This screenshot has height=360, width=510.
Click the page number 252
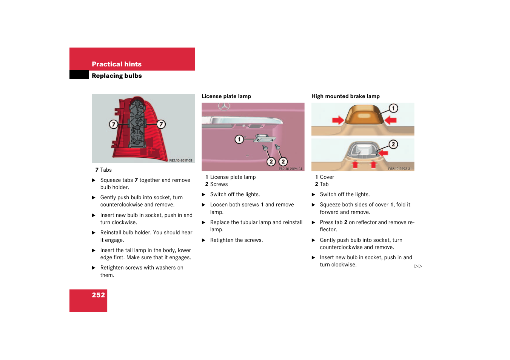(x=99, y=295)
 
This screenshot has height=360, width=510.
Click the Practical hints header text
(x=117, y=64)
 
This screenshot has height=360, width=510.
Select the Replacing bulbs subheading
(x=117, y=76)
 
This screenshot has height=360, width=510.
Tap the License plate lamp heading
(x=226, y=96)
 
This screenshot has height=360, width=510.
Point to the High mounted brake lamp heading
(x=345, y=96)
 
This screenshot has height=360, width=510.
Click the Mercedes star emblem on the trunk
(x=224, y=106)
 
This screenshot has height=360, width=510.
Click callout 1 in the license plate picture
(x=239, y=139)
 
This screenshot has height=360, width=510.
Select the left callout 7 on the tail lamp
(x=113, y=124)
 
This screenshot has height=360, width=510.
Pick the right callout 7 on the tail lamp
(x=161, y=124)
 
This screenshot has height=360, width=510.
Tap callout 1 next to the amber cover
(x=393, y=108)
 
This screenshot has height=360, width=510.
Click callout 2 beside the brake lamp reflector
(x=393, y=144)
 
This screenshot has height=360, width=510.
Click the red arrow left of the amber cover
(x=338, y=120)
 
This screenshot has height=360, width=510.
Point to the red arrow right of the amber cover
(x=390, y=120)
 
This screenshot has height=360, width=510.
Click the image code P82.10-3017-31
(x=180, y=160)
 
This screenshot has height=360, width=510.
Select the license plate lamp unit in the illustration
(x=265, y=138)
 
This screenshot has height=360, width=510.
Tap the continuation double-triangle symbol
(x=418, y=266)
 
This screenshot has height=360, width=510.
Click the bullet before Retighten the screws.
(x=203, y=240)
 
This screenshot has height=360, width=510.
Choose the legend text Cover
(x=327, y=177)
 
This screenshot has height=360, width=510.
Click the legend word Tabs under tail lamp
(x=106, y=170)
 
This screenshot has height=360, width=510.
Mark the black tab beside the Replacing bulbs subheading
(x=79, y=75)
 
